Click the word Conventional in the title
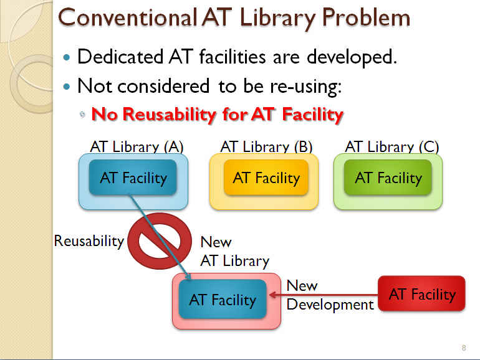pos(127,17)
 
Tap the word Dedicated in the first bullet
pos(120,57)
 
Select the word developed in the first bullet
pos(352,57)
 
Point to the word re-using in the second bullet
pos(305,87)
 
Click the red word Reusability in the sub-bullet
pos(170,115)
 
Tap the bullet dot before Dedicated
pos(67,57)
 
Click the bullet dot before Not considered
pos(67,87)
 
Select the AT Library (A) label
pos(137,147)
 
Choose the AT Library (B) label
pos(266,147)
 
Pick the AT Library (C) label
pos(392,147)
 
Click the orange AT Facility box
pos(266,178)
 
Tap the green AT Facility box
pos(388,178)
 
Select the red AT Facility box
pos(422,293)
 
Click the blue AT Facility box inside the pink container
pos(223,299)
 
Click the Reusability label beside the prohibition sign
pos(89,241)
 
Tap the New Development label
pos(330,295)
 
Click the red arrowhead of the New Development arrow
pos(273,295)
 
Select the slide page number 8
pos(464,348)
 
